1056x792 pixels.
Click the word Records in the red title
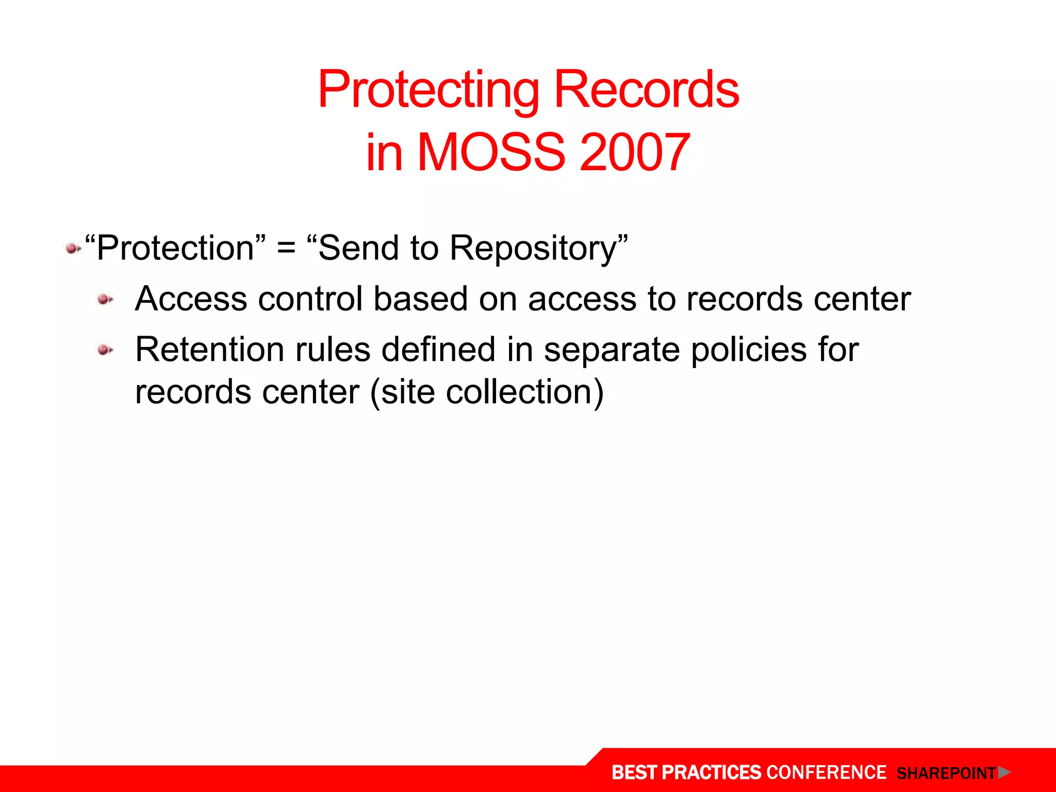pyautogui.click(x=647, y=90)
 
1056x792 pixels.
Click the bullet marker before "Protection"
pyautogui.click(x=73, y=250)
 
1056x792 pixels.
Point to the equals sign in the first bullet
pyautogui.click(x=286, y=249)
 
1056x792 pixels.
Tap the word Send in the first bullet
pyautogui.click(x=359, y=249)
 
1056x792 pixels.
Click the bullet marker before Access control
pyautogui.click(x=105, y=300)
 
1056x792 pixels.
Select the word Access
pyautogui.click(x=191, y=299)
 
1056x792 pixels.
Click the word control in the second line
pyautogui.click(x=310, y=299)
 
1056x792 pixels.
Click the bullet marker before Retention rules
pyautogui.click(x=105, y=350)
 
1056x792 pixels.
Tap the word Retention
pyautogui.click(x=209, y=350)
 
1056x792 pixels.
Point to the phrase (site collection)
pyautogui.click(x=487, y=392)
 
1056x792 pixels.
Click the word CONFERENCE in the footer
pyautogui.click(x=826, y=772)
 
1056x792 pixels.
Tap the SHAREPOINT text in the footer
pyautogui.click(x=946, y=773)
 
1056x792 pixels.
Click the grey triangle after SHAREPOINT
pyautogui.click(x=1003, y=772)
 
